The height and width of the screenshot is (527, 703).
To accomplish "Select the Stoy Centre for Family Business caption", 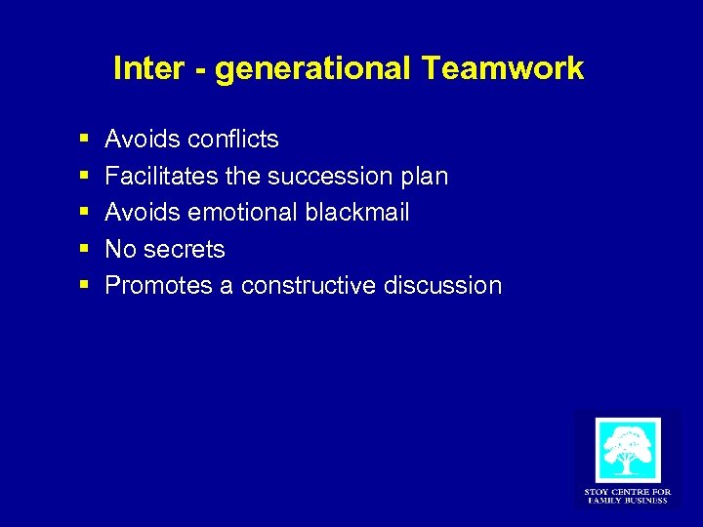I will [x=627, y=496].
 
